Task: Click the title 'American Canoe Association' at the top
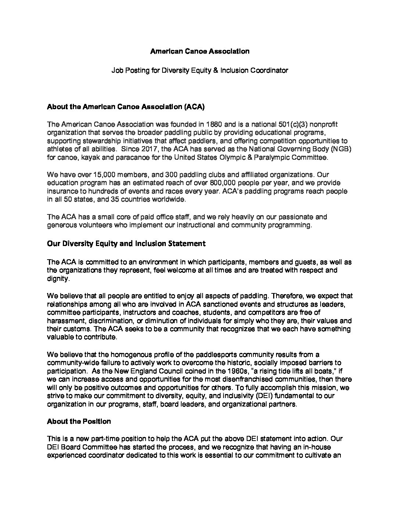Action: [200, 51]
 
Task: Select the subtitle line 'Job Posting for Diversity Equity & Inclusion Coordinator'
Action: [200, 70]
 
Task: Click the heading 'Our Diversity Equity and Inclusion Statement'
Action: [126, 243]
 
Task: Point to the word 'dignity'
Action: [58, 279]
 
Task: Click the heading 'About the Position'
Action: [79, 422]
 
